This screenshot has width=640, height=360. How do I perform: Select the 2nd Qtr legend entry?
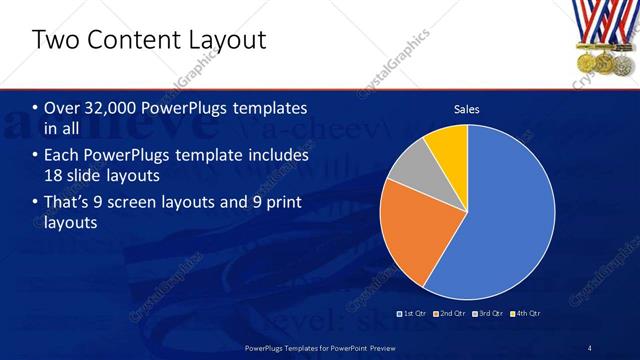(450, 314)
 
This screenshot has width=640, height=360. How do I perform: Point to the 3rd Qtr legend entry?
(489, 314)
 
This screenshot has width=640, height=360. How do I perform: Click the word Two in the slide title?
(55, 40)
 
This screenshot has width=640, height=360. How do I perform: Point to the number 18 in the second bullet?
(57, 176)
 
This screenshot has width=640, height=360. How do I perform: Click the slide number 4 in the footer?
(590, 347)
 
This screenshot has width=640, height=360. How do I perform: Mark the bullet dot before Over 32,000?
(36, 109)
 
